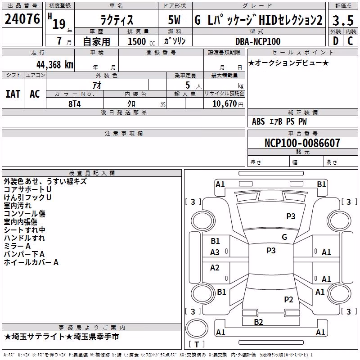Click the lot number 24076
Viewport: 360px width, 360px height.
[22, 19]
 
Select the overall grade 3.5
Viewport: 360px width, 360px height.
[343, 20]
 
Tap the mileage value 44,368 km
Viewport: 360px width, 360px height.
[55, 65]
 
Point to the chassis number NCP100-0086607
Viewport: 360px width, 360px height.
[302, 143]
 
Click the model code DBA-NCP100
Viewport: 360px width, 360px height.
[258, 41]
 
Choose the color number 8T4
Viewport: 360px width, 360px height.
[75, 104]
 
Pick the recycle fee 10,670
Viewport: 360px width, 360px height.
[225, 104]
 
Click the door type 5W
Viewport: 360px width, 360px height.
[174, 20]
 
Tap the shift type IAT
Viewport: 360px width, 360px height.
[13, 94]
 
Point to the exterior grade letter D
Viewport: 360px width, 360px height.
[336, 41]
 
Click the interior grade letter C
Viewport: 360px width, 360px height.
[350, 41]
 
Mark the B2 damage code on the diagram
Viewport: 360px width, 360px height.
[258, 322]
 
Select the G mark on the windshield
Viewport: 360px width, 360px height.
[284, 237]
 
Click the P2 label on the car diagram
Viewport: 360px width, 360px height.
[288, 299]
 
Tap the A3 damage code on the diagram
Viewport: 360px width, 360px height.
[215, 252]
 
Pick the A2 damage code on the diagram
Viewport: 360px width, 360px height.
[215, 268]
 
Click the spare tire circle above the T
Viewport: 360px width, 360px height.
[197, 328]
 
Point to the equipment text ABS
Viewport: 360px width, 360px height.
[258, 121]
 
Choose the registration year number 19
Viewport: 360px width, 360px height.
[59, 24]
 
